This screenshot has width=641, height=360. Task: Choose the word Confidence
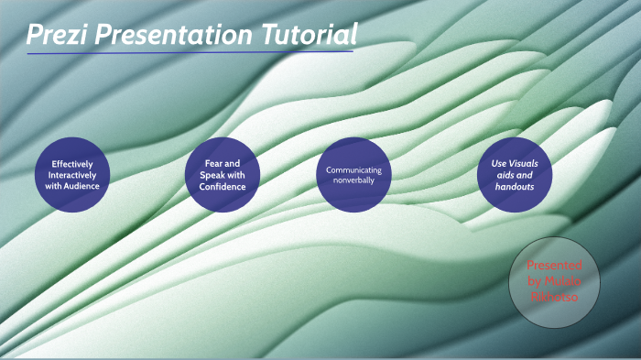pos(223,186)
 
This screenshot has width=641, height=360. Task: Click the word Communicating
pos(353,169)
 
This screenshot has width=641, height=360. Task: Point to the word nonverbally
pos(353,180)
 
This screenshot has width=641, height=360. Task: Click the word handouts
pos(515,185)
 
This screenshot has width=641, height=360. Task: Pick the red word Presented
pos(554,264)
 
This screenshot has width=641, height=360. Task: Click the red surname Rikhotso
pos(553,297)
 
